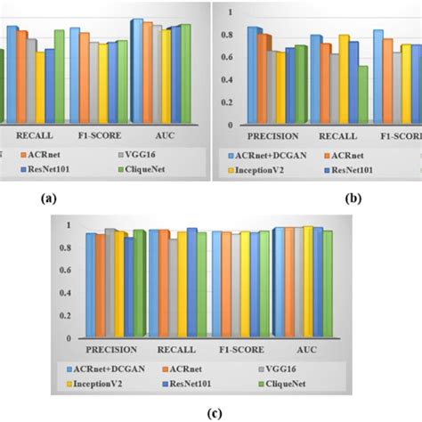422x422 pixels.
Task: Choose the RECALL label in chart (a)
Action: (34, 136)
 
